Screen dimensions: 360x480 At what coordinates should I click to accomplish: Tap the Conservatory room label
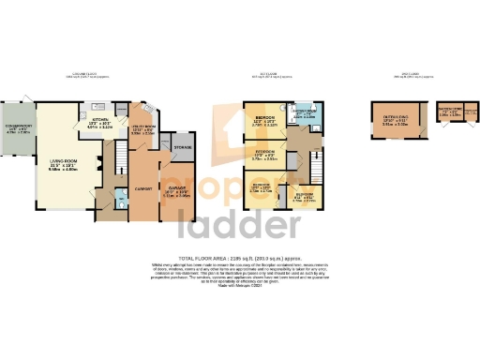[x=19, y=129]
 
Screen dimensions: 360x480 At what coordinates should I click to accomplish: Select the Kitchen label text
[x=99, y=121]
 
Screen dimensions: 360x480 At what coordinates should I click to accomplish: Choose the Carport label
[x=144, y=187]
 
